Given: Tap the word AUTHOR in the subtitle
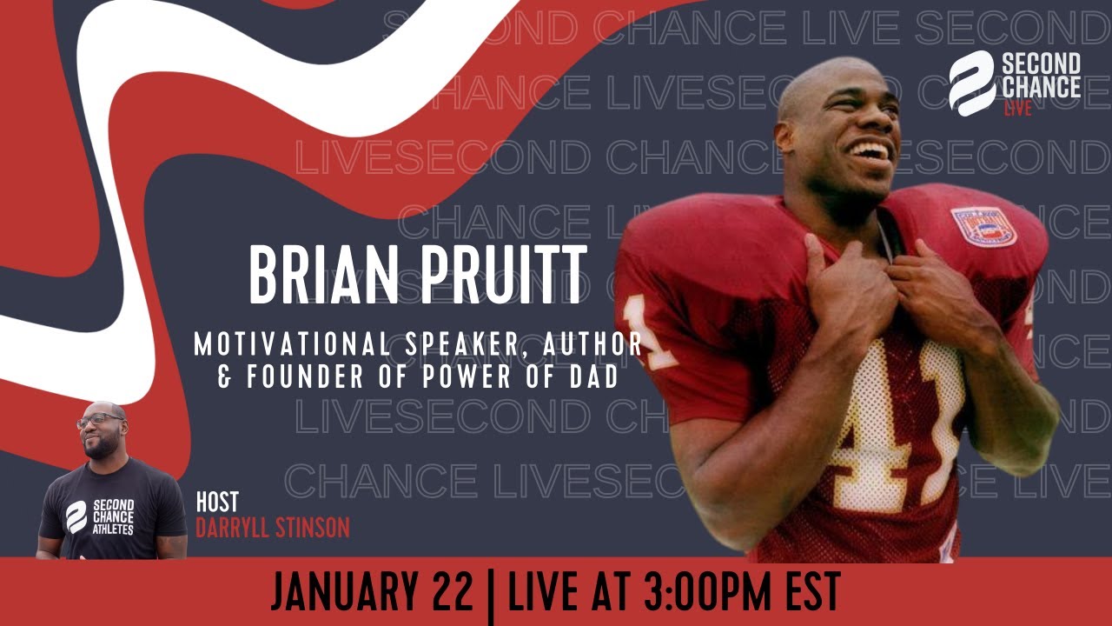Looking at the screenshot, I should pyautogui.click(x=593, y=344).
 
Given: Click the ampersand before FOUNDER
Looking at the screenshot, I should pyautogui.click(x=225, y=378).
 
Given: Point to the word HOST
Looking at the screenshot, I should pyautogui.click(x=217, y=503).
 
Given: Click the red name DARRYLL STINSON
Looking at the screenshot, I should pyautogui.click(x=272, y=527).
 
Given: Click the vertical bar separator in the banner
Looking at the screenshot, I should pyautogui.click(x=491, y=593).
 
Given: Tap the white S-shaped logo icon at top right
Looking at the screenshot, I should pyautogui.click(x=971, y=83).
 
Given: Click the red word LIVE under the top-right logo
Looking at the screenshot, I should pyautogui.click(x=1017, y=109).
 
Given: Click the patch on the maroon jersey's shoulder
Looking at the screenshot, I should pyautogui.click(x=983, y=225).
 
